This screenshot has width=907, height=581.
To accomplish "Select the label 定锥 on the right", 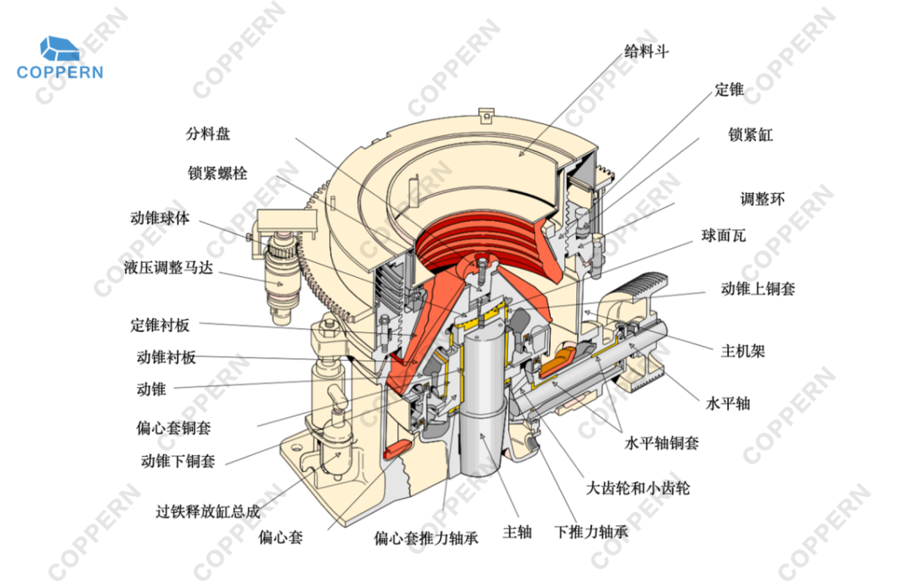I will [729, 90].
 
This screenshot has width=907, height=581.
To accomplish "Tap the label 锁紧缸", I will [750, 134].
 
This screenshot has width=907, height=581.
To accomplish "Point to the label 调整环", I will [762, 200].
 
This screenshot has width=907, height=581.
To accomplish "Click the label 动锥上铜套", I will [758, 289].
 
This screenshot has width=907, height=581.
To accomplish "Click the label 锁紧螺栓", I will [218, 174].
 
